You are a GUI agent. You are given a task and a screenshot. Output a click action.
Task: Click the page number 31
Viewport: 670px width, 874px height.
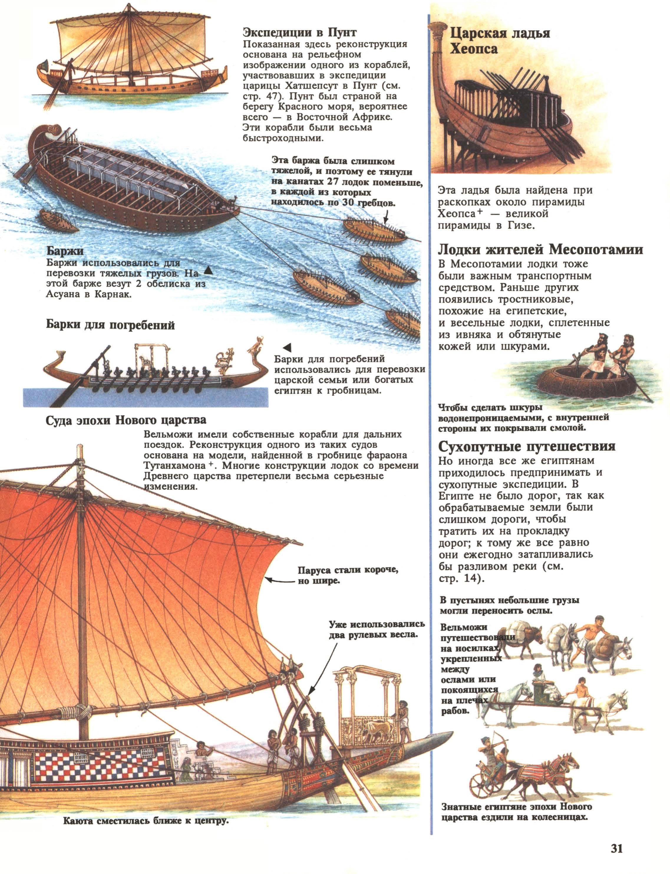[x=617, y=848]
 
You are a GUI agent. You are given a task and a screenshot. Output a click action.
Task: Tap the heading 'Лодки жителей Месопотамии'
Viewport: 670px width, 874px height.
[x=540, y=250]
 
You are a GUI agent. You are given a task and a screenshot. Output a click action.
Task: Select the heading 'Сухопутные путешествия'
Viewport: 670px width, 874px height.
[x=527, y=446]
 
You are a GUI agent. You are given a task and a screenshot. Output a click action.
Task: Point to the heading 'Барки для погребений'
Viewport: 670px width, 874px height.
[x=110, y=325]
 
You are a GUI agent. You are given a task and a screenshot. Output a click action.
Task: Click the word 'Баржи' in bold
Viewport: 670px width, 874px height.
[x=65, y=251]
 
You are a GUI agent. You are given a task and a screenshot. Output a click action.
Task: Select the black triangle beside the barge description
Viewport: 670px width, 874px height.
[x=208, y=271]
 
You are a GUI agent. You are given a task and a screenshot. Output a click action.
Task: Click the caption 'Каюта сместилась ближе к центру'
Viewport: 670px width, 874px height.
[x=146, y=821]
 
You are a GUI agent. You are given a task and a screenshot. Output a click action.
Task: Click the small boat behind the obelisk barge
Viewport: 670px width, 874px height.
[x=58, y=220]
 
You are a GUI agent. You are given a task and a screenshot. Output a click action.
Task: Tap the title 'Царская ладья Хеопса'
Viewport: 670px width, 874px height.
[x=500, y=41]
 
